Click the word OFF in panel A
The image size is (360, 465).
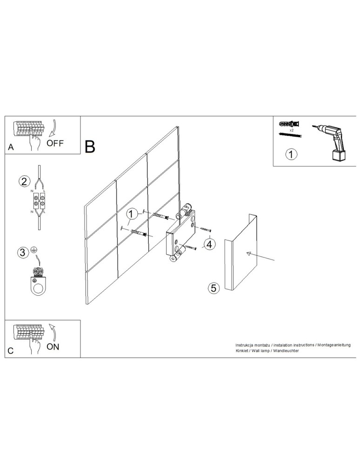(55, 143)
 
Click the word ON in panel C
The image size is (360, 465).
(53, 347)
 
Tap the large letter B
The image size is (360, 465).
(90, 147)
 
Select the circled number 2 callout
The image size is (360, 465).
(24, 181)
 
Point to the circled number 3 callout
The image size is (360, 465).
(22, 252)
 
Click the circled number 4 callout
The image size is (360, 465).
(210, 245)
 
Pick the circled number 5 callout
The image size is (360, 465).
(213, 288)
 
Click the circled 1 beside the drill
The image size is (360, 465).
(291, 154)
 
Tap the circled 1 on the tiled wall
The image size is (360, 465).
(132, 213)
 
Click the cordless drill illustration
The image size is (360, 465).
(331, 142)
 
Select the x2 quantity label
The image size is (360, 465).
(292, 130)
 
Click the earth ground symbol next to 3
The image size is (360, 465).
(34, 250)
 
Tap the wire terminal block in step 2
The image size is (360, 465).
(39, 200)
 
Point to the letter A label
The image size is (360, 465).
(11, 147)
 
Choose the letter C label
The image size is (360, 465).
(11, 351)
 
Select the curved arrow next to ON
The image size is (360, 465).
(53, 332)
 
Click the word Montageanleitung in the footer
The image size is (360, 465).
(334, 345)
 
